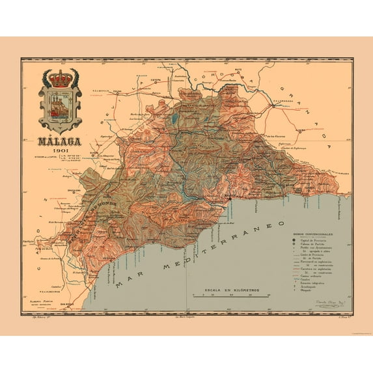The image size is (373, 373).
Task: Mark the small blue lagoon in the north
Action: tap(174, 118)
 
